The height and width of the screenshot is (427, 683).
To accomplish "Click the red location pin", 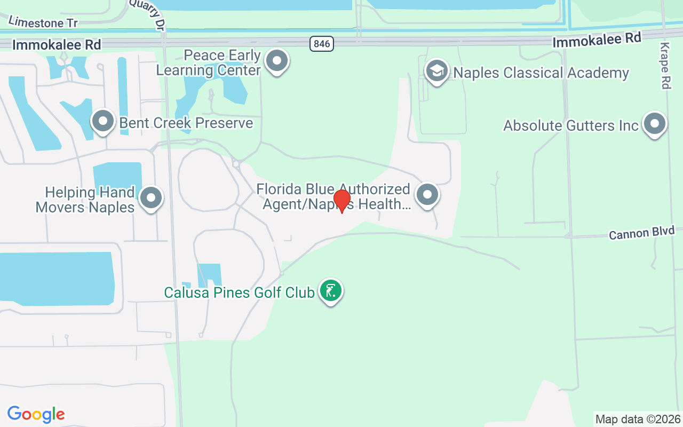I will tap(341, 201).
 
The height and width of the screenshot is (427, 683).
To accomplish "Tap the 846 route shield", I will tap(322, 44).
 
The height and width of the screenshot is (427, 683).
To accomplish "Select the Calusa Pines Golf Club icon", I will tap(331, 291).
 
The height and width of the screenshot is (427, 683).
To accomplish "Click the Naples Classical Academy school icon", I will tap(436, 70).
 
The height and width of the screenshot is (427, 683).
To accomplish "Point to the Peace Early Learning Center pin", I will tap(276, 61).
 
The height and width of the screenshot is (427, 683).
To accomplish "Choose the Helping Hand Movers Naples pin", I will tap(151, 198).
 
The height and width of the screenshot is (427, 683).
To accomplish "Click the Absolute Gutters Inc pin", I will tap(655, 124).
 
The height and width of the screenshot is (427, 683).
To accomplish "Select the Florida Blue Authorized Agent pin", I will tap(427, 195).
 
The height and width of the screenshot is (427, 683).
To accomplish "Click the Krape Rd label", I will tap(665, 65).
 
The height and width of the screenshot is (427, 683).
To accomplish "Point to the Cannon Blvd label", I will tap(641, 233).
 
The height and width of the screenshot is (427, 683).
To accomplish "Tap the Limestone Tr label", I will tap(43, 22).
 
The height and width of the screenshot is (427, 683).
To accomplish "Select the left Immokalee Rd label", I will tap(57, 45).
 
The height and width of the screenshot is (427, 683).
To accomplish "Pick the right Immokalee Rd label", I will tap(597, 40).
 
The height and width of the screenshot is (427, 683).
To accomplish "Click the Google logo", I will tap(36, 414).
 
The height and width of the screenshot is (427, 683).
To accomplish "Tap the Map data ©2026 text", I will tap(638, 419).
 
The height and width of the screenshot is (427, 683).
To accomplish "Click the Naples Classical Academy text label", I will tap(541, 73).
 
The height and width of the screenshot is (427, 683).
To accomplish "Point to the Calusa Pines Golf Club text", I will tap(239, 292).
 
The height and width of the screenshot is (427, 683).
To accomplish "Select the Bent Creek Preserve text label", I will tap(186, 123).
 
